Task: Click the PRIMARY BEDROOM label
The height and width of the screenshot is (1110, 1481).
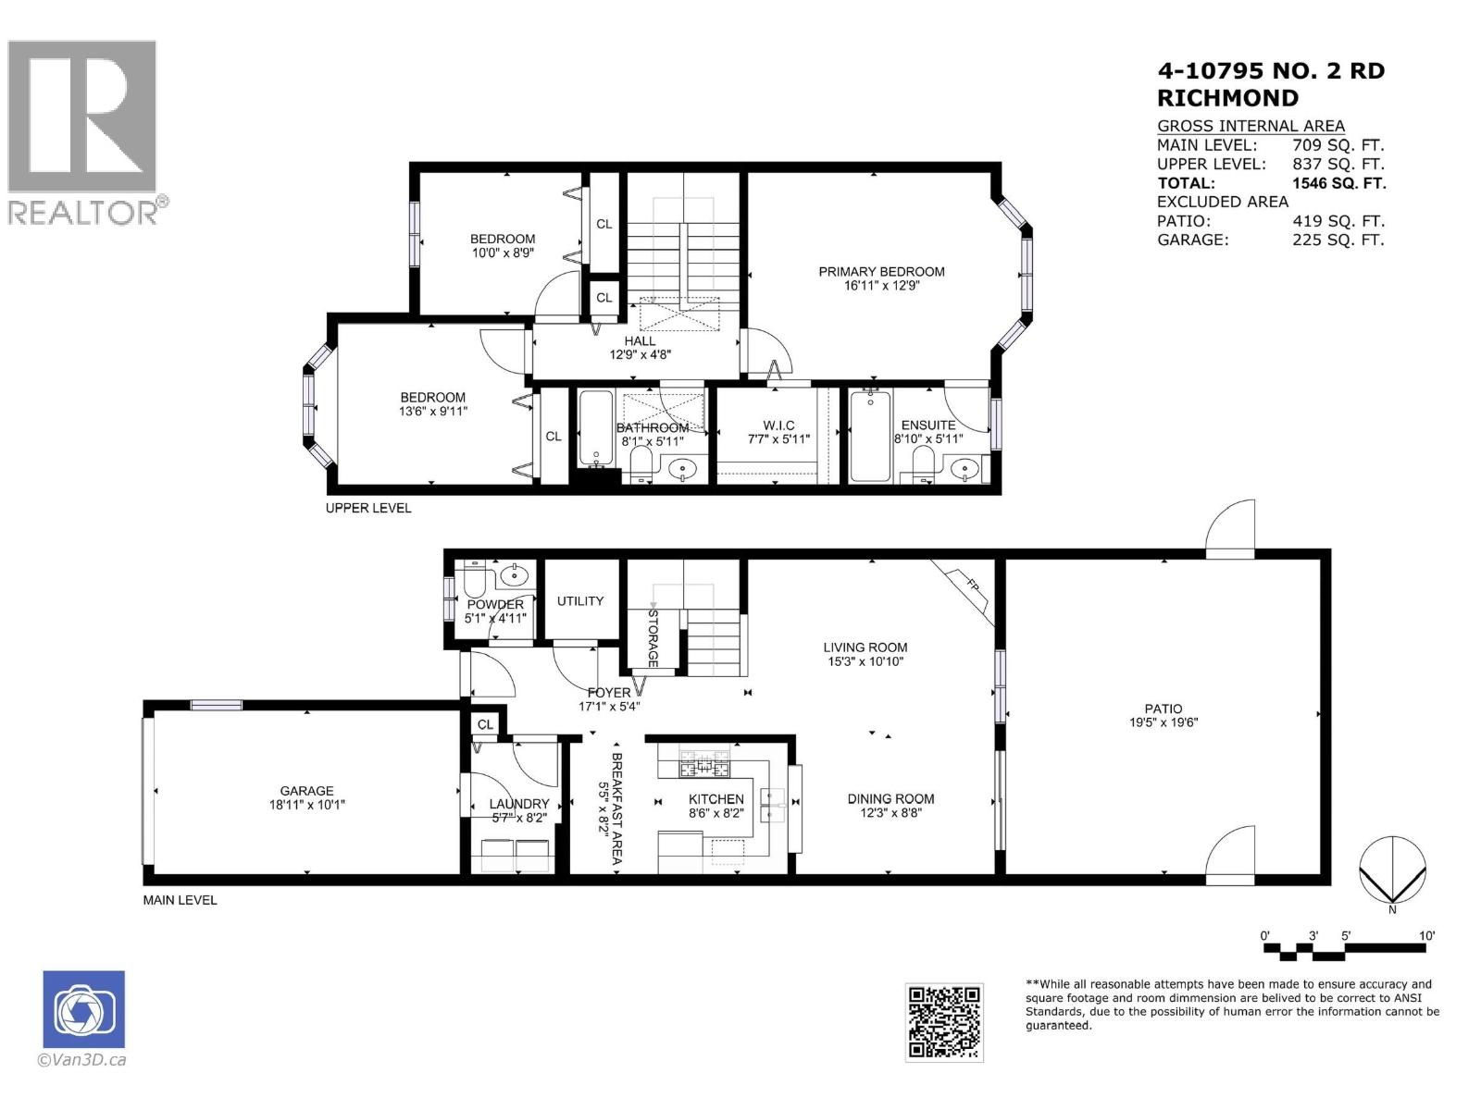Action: coord(881,271)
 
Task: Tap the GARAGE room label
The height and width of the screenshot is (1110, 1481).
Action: coord(306,791)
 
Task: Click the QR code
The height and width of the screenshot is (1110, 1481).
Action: coord(943,1021)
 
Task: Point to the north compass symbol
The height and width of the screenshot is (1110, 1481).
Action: coord(1391,870)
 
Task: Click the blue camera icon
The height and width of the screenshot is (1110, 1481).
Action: coord(83,1009)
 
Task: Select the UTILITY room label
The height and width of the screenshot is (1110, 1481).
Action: coord(580,601)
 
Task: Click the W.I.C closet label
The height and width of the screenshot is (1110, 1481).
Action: coord(778,425)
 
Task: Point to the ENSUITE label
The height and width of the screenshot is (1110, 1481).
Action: coord(927,425)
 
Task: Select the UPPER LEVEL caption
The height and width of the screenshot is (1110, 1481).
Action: coord(367,508)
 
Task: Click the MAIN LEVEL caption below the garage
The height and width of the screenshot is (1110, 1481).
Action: coord(180,900)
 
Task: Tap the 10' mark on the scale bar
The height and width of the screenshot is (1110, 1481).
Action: coord(1425,936)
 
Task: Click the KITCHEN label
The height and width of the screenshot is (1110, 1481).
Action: coord(716,799)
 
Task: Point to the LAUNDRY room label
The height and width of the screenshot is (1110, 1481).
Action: coord(519,804)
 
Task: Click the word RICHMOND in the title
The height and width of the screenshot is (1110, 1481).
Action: coord(1227,98)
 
